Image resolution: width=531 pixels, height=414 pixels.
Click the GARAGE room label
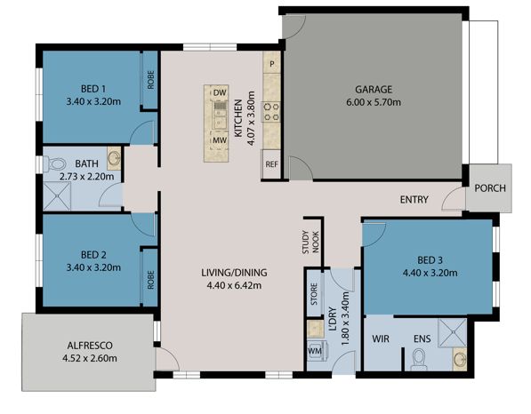click(x=374, y=89)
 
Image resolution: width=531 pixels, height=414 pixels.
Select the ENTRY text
click(x=415, y=199)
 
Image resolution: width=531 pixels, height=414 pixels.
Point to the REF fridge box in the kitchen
click(x=271, y=164)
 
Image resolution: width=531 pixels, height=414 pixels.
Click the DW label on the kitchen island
click(x=217, y=92)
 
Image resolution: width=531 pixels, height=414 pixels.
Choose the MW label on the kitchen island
click(x=217, y=139)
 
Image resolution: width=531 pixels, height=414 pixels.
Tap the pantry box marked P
click(x=272, y=64)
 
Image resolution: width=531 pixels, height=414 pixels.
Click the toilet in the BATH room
click(x=55, y=164)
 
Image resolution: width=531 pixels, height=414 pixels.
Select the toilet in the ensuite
click(x=418, y=359)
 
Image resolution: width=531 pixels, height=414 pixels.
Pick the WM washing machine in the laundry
click(x=314, y=351)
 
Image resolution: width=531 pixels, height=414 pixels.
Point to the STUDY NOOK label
click(x=310, y=242)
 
